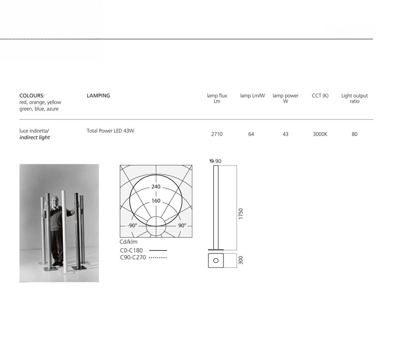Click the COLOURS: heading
(32, 96)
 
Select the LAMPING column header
(98, 96)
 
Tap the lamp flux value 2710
(217, 134)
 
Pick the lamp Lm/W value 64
(251, 134)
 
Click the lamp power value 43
(285, 134)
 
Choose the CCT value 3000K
(320, 134)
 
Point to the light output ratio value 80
(354, 134)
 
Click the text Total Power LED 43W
(110, 130)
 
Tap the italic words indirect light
(34, 137)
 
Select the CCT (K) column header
(320, 96)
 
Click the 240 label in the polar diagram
(155, 187)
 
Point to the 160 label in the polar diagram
(155, 201)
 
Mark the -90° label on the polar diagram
(131, 226)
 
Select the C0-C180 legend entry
(131, 250)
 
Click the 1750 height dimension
(241, 214)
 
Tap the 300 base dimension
(241, 260)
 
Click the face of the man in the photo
(55, 201)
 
